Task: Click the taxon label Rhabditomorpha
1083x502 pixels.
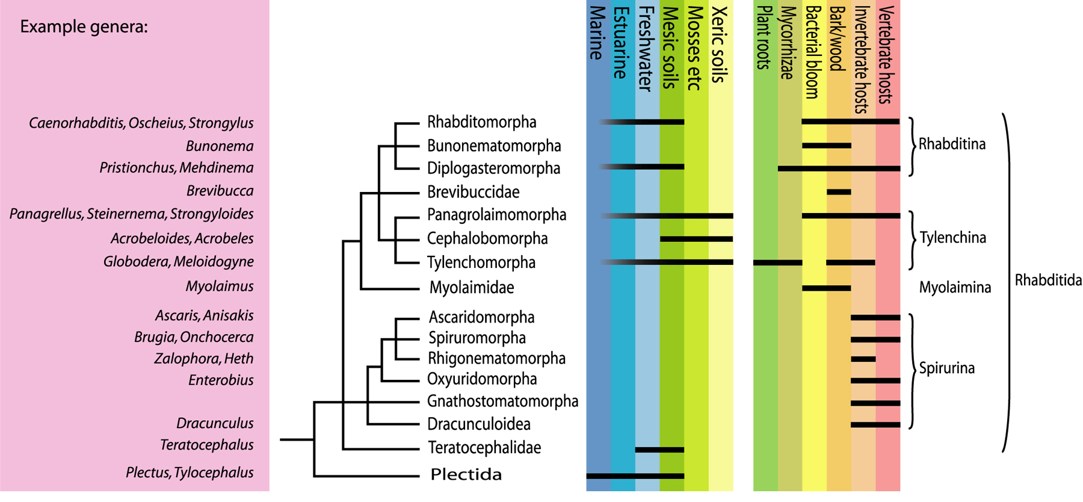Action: [481, 122]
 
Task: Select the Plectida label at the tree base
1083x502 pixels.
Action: [466, 474]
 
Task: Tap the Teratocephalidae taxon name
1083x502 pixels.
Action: [484, 448]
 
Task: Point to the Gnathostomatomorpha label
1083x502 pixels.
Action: [502, 401]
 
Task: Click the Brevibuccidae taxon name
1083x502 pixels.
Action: [473, 192]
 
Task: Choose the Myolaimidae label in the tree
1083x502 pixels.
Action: [472, 288]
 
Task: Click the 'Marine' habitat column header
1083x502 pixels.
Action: [596, 33]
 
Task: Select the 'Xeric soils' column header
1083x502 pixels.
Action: [719, 45]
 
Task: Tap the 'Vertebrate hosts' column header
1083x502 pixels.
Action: [886, 55]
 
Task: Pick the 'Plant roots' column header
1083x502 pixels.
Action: [764, 37]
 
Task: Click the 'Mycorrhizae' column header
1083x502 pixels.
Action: [788, 43]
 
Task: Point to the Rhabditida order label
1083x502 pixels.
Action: [1048, 280]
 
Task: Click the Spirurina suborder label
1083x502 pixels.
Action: [946, 368]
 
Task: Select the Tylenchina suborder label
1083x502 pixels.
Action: [953, 238]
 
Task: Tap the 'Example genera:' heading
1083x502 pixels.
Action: [84, 28]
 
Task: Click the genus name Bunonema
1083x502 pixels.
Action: [220, 146]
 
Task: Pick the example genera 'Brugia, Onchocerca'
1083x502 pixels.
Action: [194, 337]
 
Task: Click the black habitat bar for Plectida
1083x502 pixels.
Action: [635, 476]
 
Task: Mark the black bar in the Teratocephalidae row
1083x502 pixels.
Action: [660, 450]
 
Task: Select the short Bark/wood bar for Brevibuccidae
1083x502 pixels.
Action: [839, 192]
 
